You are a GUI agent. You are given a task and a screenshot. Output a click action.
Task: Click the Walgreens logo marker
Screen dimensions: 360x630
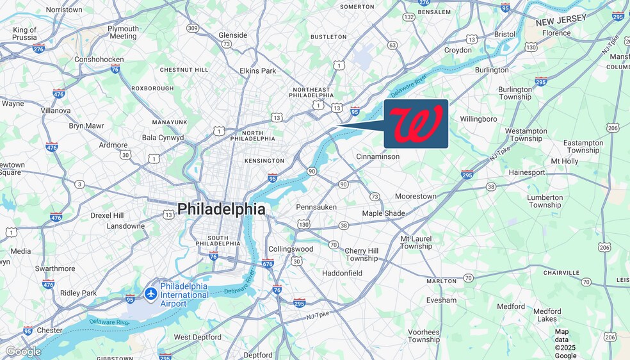click(x=416, y=124)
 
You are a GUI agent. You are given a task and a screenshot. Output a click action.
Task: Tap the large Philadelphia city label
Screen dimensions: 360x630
click(x=221, y=209)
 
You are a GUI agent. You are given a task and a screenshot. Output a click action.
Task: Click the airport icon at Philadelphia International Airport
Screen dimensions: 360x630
click(x=151, y=293)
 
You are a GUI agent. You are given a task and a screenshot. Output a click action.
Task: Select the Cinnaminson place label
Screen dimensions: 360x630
click(x=378, y=156)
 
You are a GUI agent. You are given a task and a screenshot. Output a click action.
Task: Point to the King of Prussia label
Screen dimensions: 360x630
click(x=25, y=33)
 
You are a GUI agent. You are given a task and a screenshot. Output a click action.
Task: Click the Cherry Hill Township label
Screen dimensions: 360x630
click(x=362, y=254)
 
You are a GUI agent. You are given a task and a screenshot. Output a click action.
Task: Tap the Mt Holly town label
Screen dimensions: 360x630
click(x=565, y=161)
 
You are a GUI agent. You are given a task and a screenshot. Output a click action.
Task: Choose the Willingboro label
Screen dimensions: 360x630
click(x=478, y=119)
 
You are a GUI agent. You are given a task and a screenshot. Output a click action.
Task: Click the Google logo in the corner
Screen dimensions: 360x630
click(x=24, y=352)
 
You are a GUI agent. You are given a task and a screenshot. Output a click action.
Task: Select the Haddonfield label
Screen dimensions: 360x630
click(x=342, y=273)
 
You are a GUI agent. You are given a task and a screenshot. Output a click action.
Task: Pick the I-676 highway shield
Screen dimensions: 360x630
click(x=268, y=263)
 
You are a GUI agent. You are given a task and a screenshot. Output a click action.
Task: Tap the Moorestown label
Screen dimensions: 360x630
click(x=416, y=196)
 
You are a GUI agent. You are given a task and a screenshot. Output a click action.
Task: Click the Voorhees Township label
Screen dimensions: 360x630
click(x=424, y=336)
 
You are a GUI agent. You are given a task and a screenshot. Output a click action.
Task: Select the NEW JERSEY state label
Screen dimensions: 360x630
click(x=561, y=20)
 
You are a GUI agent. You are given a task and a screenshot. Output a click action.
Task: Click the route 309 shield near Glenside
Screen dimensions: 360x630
click(x=193, y=28)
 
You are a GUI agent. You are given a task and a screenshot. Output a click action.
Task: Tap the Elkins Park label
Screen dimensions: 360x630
click(x=258, y=70)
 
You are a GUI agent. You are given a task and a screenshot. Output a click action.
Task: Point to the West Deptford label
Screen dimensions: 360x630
click(x=198, y=337)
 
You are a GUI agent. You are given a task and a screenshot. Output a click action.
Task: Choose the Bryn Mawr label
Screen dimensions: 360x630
click(x=86, y=126)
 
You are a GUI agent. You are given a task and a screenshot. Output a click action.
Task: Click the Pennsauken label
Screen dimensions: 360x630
click(x=317, y=207)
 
